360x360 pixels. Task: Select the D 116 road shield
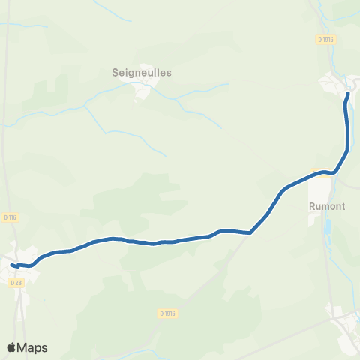[9, 217]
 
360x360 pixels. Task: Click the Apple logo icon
[12, 347]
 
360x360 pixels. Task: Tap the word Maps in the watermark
[33, 347]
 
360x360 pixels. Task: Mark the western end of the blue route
[11, 264]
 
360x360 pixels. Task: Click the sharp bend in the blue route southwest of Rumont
[250, 232]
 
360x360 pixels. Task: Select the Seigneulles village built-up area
[142, 91]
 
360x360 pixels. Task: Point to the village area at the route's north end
[334, 82]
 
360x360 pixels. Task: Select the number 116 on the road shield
[11, 217]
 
